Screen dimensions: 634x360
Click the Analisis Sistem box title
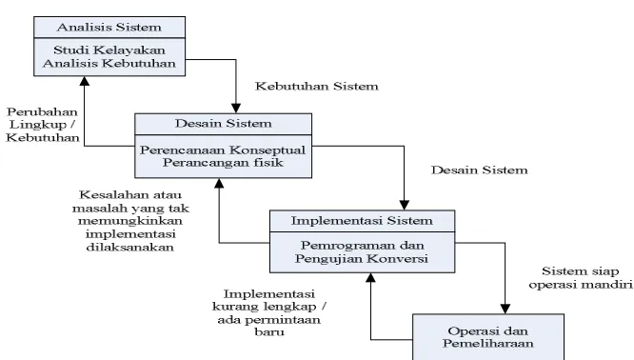click(109, 27)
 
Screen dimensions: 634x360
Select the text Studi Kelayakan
click(109, 50)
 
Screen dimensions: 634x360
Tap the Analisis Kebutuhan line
click(109, 64)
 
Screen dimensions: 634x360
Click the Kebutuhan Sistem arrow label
click(317, 86)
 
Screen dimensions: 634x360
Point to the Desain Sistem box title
click(223, 124)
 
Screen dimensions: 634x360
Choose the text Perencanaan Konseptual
click(223, 150)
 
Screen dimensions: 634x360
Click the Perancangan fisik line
click(223, 163)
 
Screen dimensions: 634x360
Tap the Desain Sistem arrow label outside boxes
click(479, 170)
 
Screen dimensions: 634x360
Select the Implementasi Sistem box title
click(362, 221)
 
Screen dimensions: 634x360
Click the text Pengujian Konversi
click(362, 258)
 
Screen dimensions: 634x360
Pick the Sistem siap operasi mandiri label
click(581, 278)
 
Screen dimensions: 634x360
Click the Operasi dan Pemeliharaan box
click(488, 337)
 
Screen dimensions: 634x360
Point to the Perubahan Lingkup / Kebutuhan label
click(43, 125)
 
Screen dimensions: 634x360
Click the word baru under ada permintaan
click(269, 332)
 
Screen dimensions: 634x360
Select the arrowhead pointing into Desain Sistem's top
click(236, 109)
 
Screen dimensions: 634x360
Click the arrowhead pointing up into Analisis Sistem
click(85, 81)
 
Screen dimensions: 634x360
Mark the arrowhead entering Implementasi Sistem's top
click(404, 205)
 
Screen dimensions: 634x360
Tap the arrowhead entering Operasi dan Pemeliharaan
click(505, 309)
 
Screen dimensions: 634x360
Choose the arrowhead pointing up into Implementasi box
click(370, 277)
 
